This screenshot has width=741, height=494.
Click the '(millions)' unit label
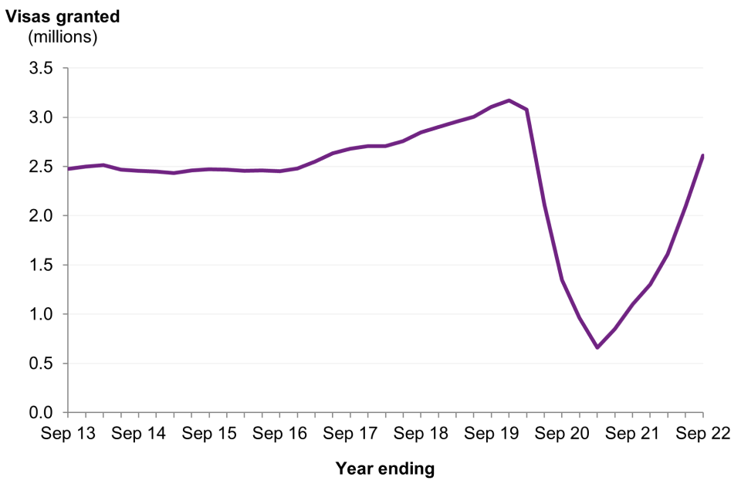click(x=63, y=36)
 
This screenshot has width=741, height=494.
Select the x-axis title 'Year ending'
click(x=385, y=468)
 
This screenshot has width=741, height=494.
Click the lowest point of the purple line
click(x=597, y=347)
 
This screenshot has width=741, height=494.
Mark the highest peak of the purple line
click(x=509, y=100)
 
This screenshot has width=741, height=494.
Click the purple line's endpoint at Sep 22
click(x=702, y=156)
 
